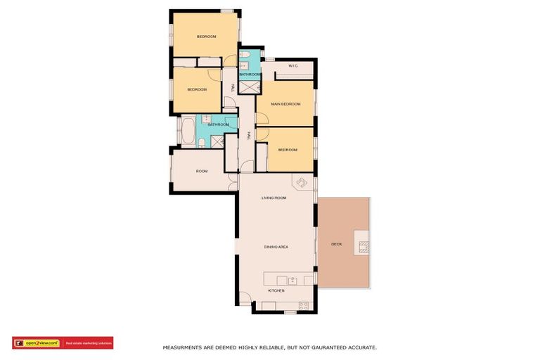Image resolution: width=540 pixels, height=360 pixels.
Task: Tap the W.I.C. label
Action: coord(293,66)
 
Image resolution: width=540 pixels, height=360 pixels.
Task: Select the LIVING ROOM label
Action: coord(274,198)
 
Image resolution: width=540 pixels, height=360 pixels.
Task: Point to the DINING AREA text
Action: coord(276,247)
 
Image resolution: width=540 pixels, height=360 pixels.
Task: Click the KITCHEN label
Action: coord(276,290)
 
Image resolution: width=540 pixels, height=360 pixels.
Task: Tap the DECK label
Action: coord(336,244)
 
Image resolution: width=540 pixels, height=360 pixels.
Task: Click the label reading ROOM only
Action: coord(202,171)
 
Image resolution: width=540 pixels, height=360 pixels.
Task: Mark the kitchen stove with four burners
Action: coord(304,306)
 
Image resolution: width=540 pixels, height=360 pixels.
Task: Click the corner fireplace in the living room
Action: coord(303,183)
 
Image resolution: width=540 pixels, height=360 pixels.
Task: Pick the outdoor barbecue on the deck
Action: coord(364,246)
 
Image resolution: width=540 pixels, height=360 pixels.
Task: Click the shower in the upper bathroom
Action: coord(249,86)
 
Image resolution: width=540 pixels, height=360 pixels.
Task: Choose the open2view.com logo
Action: coord(37,343)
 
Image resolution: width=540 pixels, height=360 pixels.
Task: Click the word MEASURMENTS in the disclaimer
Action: coord(185,347)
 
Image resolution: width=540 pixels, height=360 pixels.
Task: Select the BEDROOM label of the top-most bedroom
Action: coord(206,37)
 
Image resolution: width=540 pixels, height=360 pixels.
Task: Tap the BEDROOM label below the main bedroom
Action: coord(288,150)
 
